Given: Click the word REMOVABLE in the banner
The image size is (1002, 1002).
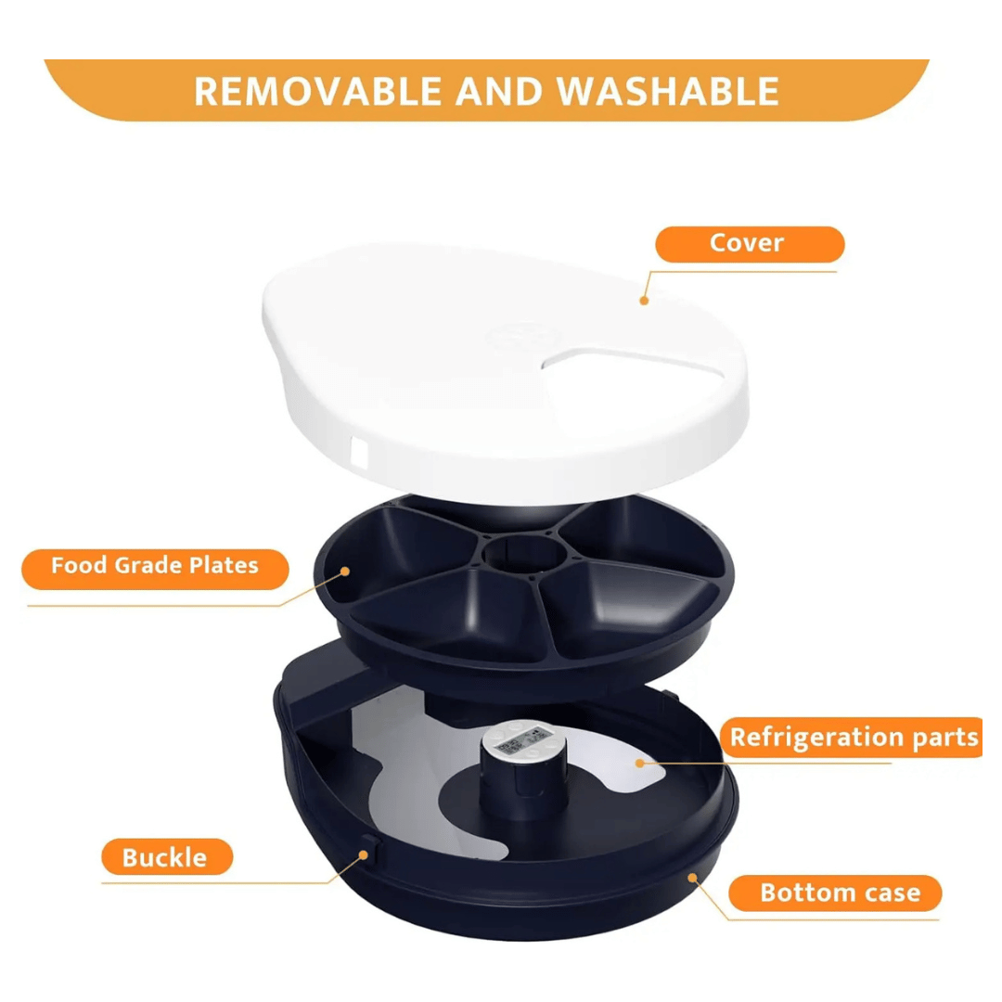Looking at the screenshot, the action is pos(318,91).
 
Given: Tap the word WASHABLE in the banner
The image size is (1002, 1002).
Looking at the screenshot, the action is pos(667,91).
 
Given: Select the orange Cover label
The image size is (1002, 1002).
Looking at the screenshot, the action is pos(750,243).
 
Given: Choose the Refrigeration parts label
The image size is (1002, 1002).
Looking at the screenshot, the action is pos(852,738).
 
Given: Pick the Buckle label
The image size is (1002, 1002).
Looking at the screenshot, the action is pos(167,857).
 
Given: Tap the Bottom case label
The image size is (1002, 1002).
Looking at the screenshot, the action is pos(835,893).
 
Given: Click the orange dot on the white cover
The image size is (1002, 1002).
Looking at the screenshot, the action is pos(644,301).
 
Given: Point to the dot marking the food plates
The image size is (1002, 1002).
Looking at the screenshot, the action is pos(345,572).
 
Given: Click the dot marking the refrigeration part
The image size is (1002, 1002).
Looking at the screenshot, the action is pos(639,763).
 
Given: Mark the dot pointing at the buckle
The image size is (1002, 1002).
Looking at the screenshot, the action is pos(363,855).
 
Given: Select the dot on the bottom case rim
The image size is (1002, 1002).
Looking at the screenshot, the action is pos(692,878).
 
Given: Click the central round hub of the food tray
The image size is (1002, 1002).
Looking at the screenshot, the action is pos(524,553).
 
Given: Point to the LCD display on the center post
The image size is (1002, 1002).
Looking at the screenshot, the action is pos(523,743).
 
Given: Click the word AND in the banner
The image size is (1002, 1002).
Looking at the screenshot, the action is pos(498,91).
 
